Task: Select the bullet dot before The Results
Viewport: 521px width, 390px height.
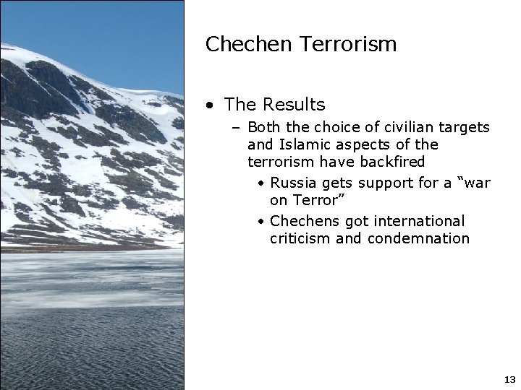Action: coord(209,105)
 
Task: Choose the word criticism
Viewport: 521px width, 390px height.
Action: coord(300,238)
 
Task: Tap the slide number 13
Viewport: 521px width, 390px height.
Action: coord(509,379)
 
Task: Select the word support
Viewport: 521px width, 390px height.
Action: coord(382,183)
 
